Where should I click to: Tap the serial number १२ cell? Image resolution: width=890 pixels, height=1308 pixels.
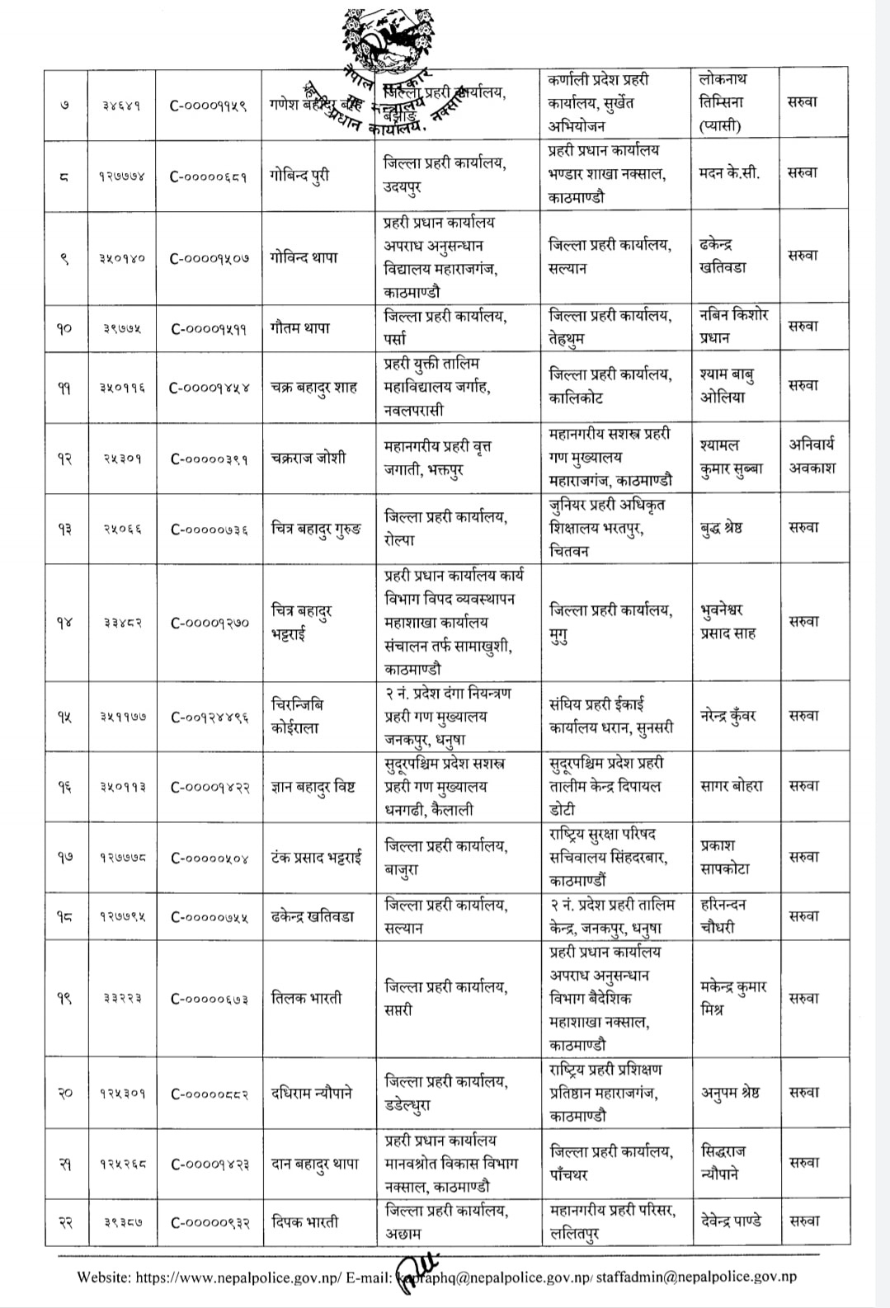coord(64,459)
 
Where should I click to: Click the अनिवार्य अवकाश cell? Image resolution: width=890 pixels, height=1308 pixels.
coord(812,456)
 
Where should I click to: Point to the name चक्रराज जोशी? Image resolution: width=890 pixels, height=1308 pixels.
coord(308,459)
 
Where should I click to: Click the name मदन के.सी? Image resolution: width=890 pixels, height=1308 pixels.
coord(729,173)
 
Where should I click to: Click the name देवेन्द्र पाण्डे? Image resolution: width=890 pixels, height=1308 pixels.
coord(731,1221)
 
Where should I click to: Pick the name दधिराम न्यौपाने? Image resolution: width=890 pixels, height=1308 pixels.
coord(312,1093)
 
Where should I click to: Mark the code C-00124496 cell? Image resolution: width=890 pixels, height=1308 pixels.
coord(210,717)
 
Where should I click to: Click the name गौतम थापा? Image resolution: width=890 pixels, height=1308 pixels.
coord(300,327)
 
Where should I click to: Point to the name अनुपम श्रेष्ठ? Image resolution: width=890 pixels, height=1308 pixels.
coord(730,1093)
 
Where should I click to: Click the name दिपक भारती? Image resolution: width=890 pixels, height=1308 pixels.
coord(304,1221)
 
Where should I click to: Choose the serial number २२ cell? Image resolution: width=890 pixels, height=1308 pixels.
coord(64,1221)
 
